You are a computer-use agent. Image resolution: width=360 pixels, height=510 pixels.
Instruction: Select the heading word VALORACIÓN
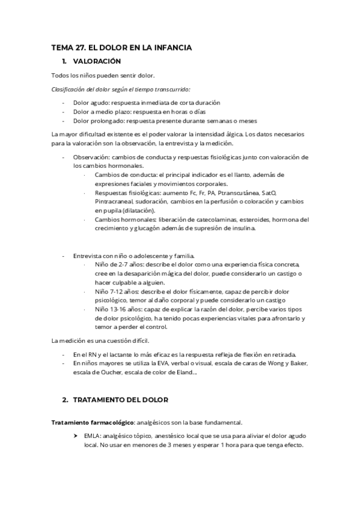97,61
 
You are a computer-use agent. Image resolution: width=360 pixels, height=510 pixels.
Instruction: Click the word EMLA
92,435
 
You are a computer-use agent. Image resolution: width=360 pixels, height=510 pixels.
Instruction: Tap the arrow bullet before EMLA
76,435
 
